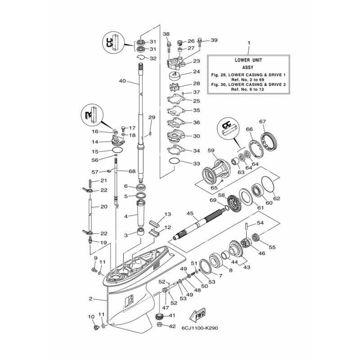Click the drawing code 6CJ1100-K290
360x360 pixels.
[199, 328]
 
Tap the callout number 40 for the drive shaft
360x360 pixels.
[122, 81]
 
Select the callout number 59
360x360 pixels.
[211, 151]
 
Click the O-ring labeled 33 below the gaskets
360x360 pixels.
[175, 161]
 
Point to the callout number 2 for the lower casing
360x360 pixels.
[90, 299]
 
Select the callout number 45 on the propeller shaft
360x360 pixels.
[190, 213]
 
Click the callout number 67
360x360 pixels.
[262, 121]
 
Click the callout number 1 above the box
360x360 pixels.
[249, 43]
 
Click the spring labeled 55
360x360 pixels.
[256, 237]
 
